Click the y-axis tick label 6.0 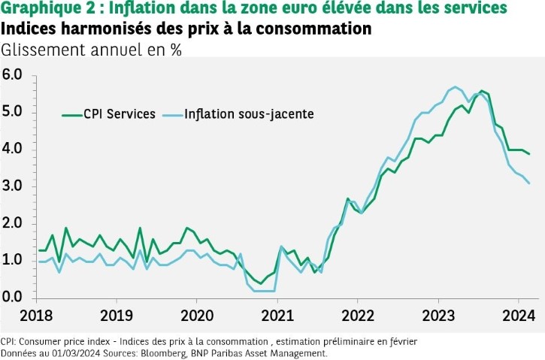click(x=13, y=74)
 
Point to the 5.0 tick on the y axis click(x=13, y=112)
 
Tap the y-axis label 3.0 click(x=13, y=186)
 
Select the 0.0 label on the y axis click(x=13, y=297)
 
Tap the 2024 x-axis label click(x=519, y=314)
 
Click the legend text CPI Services click(x=121, y=113)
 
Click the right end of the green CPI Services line click(x=528, y=153)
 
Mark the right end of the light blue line click(x=528, y=183)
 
